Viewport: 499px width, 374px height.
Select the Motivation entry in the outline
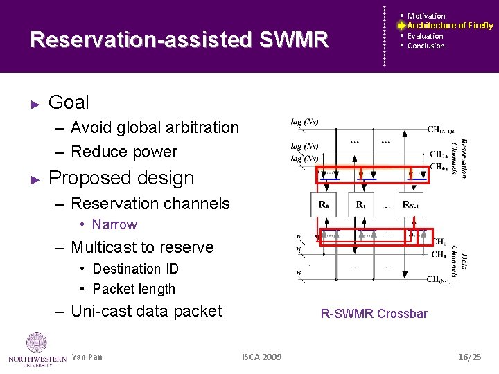[426, 16]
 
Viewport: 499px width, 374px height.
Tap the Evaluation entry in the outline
[425, 36]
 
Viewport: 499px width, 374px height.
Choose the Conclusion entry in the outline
[426, 46]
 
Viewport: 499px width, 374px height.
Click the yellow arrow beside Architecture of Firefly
[401, 26]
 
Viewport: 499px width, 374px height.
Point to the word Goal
[69, 103]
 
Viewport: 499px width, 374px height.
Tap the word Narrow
[114, 224]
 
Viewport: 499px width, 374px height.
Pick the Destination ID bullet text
[135, 269]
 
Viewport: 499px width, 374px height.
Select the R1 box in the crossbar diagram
[360, 205]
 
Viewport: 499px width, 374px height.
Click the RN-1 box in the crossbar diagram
[412, 205]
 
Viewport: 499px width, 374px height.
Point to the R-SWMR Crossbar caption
[374, 314]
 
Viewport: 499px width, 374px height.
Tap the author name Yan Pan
[87, 357]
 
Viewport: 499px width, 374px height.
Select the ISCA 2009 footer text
[261, 357]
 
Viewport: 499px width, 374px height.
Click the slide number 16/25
[469, 357]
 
